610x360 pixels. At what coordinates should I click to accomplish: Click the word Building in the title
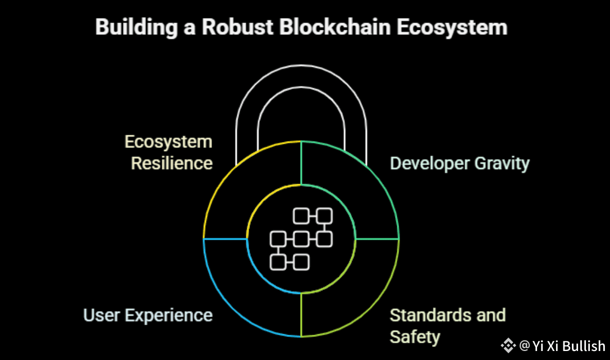131,28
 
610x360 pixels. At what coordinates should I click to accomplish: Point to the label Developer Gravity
460,163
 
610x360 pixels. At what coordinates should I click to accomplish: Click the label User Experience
148,315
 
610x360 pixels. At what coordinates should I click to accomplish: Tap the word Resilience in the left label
172,163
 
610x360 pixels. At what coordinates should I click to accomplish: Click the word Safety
415,336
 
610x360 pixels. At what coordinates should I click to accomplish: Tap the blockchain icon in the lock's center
301,238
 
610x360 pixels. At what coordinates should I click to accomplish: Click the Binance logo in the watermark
508,345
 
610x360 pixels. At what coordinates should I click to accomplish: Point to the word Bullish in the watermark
584,345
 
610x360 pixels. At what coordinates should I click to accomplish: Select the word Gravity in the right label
501,163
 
